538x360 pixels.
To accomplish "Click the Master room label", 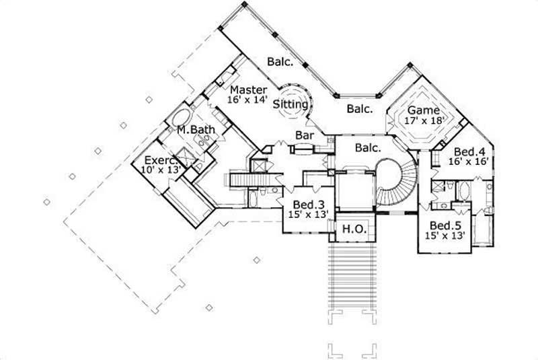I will pos(249,89).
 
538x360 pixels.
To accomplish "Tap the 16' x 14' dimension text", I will pos(249,100).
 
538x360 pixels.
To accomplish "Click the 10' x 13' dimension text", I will pos(161,170).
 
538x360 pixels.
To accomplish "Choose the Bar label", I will pos(305,135).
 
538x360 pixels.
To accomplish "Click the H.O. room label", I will pos(354,229).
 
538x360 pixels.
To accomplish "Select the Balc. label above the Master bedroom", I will pos(280,61).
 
